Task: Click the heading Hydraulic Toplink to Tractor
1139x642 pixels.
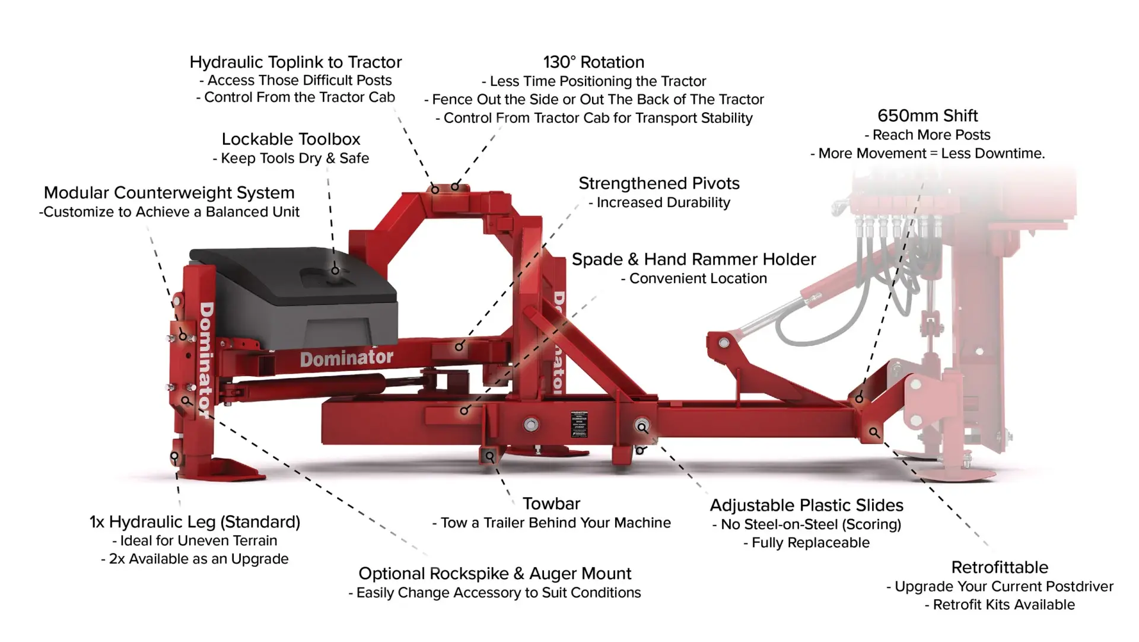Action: click(x=295, y=62)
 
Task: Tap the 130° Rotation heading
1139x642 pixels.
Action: click(x=593, y=62)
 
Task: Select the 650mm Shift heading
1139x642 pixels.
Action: click(x=927, y=116)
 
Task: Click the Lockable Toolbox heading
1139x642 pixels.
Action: click(x=291, y=139)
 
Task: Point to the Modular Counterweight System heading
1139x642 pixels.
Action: click(x=169, y=193)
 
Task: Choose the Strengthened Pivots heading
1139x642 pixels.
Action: click(x=659, y=183)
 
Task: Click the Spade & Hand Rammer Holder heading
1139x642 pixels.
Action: click(x=693, y=259)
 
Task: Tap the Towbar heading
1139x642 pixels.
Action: click(x=551, y=504)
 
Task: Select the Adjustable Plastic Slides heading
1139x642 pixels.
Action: click(x=806, y=506)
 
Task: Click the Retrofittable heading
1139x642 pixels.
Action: click(x=1000, y=567)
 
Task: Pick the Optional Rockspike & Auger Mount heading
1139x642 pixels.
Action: click(x=495, y=574)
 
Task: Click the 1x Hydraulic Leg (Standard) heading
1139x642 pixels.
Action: click(x=195, y=522)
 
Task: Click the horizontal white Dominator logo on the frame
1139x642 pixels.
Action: click(x=346, y=358)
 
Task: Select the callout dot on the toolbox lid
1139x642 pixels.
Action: click(x=335, y=271)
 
